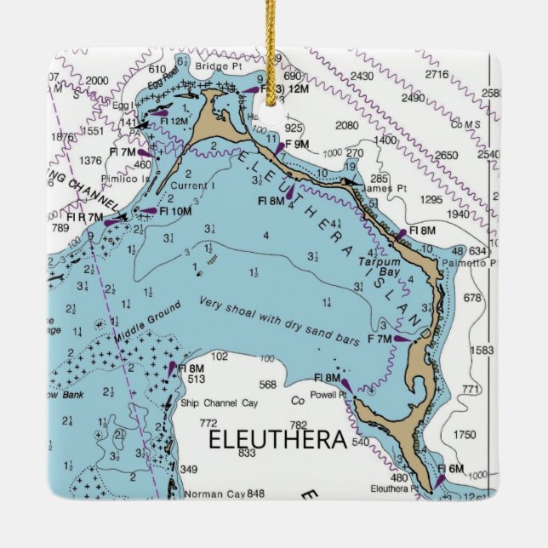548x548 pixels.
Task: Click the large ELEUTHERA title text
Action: click(277, 441)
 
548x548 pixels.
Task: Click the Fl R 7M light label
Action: click(83, 217)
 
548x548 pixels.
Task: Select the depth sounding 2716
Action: click(437, 75)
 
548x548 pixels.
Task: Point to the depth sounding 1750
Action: click(465, 435)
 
